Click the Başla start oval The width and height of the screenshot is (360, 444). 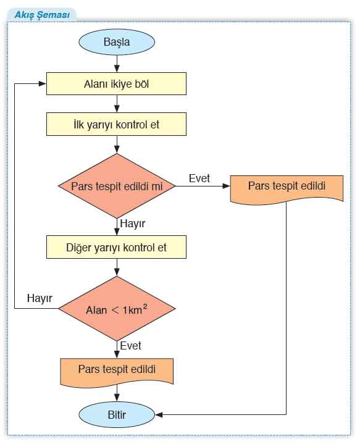coord(117,42)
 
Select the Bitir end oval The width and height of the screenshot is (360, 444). coord(117,415)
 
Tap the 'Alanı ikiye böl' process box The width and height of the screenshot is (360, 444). coord(117,83)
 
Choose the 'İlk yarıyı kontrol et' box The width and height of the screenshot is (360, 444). coord(117,124)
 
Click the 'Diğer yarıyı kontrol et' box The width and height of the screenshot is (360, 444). coord(117,247)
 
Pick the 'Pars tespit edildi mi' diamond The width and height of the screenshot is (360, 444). coord(117,186)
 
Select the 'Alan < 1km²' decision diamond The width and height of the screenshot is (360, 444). coord(117,309)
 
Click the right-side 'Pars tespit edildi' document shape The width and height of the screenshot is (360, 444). coord(287,188)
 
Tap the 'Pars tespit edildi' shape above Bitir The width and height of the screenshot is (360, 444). coord(117,372)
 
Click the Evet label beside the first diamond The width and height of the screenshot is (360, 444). coord(199,178)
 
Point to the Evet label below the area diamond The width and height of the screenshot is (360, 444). coord(130,346)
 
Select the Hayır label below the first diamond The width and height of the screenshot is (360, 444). coord(133,224)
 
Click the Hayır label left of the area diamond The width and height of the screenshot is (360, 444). coord(40,298)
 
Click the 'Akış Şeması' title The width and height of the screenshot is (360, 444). coord(42,15)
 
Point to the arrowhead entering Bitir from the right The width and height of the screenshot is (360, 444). coord(159,415)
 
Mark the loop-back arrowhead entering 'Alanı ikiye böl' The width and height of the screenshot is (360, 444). coord(43,83)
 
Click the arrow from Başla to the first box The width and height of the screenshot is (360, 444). coord(117,64)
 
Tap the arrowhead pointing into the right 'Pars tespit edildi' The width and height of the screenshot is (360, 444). coord(226,186)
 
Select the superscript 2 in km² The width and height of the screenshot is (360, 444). coord(145,306)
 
